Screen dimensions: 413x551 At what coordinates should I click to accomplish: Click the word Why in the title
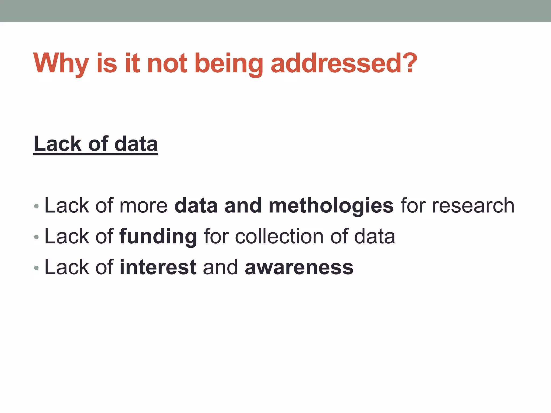tap(61, 63)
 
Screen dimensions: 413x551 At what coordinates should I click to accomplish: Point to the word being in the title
tap(228, 64)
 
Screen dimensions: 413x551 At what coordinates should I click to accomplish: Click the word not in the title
tap(167, 63)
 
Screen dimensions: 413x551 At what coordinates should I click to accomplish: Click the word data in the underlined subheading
tap(136, 144)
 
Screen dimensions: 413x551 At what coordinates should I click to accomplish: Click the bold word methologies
tap(331, 206)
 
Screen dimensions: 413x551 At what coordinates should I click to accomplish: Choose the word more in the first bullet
tap(143, 206)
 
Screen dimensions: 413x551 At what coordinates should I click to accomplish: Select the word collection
tap(279, 237)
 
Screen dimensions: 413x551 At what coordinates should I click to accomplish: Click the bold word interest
tap(158, 267)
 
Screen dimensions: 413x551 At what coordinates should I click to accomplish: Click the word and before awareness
tap(220, 267)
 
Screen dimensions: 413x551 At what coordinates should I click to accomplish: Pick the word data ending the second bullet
tap(375, 237)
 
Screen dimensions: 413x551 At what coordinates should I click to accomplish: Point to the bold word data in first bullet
tap(196, 206)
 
